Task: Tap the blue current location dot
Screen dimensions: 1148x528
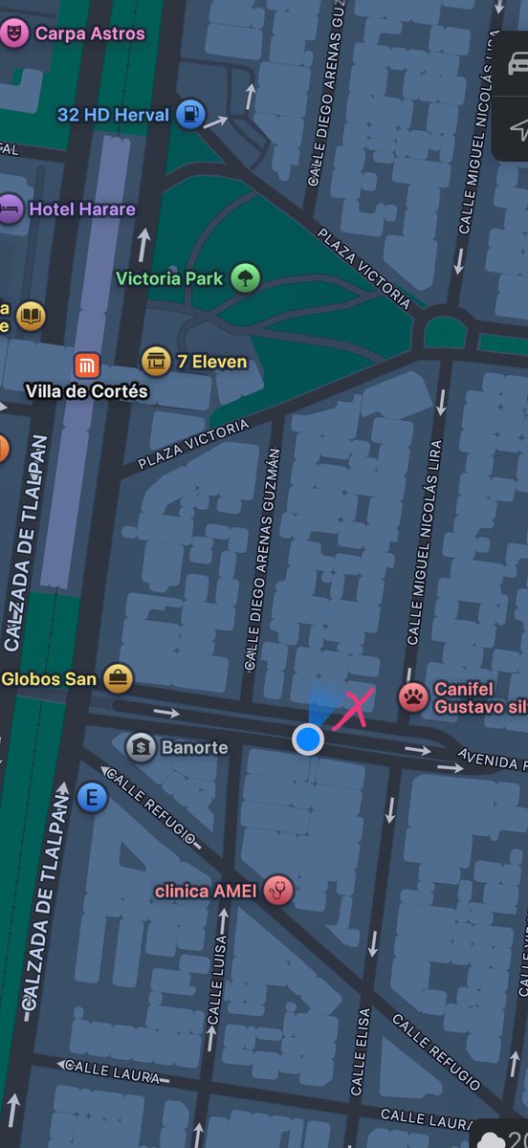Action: [x=307, y=739]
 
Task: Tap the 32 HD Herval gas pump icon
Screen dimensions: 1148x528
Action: [x=191, y=115]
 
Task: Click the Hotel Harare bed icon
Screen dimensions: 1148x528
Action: [x=10, y=209]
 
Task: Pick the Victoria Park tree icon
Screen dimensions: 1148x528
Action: [x=246, y=278]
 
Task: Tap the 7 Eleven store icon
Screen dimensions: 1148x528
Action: [x=156, y=362]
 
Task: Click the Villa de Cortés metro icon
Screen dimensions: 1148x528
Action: [x=88, y=364]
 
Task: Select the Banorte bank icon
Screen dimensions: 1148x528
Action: [x=141, y=746]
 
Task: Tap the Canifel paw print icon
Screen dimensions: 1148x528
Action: [x=413, y=696]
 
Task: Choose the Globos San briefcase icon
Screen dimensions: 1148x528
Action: [x=118, y=679]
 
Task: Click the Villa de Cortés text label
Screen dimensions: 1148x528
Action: [x=87, y=391]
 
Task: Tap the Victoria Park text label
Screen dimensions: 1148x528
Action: [x=169, y=278]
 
